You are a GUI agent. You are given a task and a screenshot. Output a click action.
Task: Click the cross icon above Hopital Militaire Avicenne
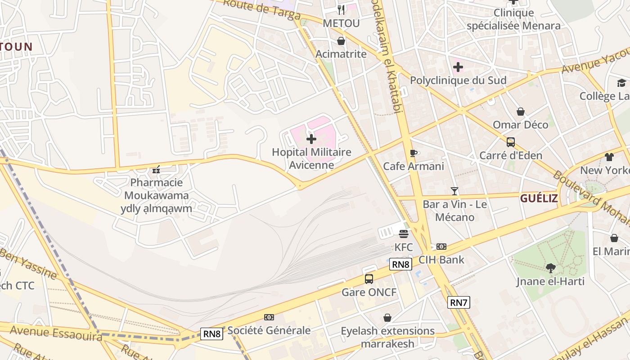pyautogui.click(x=311, y=139)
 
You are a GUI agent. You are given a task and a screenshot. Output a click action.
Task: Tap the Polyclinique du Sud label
pyautogui.click(x=458, y=80)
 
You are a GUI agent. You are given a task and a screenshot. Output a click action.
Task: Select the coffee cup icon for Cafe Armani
pyautogui.click(x=414, y=153)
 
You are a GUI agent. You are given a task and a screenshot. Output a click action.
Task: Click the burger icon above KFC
pyautogui.click(x=403, y=234)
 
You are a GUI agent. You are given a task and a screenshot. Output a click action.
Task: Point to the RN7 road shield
pyautogui.click(x=459, y=302)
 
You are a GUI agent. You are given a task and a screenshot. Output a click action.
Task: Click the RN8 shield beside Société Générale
pyautogui.click(x=212, y=333)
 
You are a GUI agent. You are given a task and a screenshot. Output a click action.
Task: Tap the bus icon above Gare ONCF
pyautogui.click(x=369, y=279)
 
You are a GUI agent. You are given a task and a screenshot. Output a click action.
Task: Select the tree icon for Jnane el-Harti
pyautogui.click(x=550, y=268)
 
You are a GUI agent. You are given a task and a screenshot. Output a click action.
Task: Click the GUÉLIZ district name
pyautogui.click(x=539, y=198)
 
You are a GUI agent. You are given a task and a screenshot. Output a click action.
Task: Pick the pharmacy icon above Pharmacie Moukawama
pyautogui.click(x=156, y=170)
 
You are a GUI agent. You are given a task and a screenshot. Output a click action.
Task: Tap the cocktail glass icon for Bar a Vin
pyautogui.click(x=454, y=191)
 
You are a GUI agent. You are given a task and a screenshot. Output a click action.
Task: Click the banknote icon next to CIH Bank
pyautogui.click(x=441, y=247)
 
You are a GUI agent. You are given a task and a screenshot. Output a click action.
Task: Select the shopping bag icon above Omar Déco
pyautogui.click(x=521, y=111)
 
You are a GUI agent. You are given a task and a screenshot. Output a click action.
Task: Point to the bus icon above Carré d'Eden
pyautogui.click(x=510, y=142)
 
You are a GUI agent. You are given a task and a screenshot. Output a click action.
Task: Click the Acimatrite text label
pyautogui.click(x=341, y=54)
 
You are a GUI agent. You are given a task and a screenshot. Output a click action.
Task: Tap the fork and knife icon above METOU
pyautogui.click(x=341, y=9)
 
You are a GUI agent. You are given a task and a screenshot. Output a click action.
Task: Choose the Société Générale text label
pyautogui.click(x=269, y=330)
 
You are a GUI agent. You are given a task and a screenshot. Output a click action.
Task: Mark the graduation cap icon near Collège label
pyautogui.click(x=621, y=83)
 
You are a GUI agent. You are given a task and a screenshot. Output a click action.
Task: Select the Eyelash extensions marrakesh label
pyautogui.click(x=387, y=337)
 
